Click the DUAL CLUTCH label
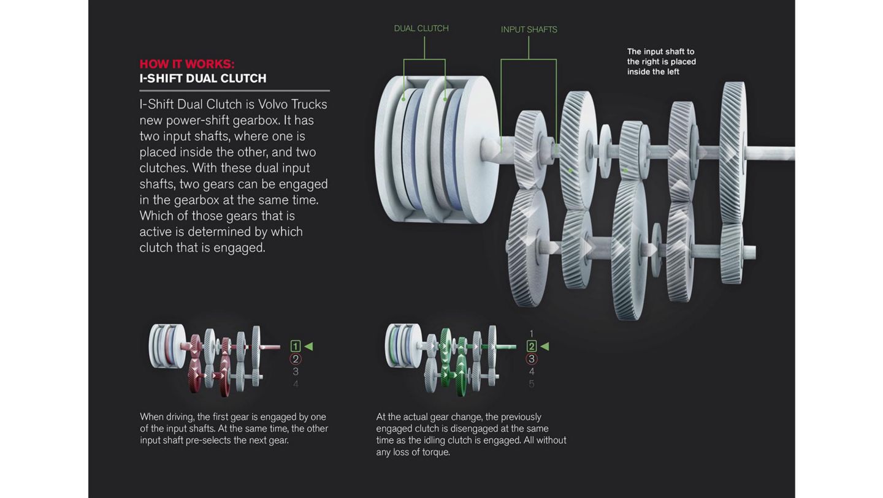pos(421,28)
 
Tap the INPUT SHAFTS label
pos(529,29)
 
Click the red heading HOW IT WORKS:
pos(187,64)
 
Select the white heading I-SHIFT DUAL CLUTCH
pos(203,78)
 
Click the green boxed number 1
pos(296,346)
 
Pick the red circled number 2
pos(296,359)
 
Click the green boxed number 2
pos(532,346)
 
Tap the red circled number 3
pos(532,359)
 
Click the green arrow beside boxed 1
pos(308,347)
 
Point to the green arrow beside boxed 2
pos(545,347)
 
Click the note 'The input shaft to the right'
pos(662,61)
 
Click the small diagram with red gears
pos(214,360)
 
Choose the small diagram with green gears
pos(450,360)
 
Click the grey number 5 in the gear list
pos(532,384)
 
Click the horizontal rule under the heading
pos(234,91)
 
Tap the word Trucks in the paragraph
pos(309,104)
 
